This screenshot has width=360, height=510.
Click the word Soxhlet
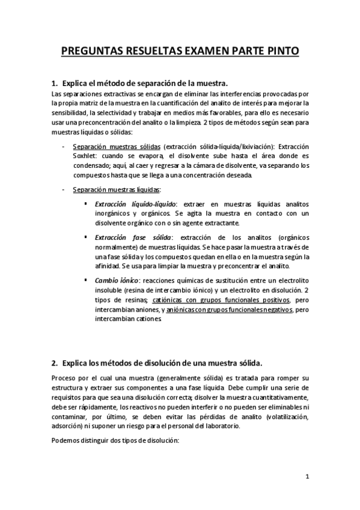[85, 156]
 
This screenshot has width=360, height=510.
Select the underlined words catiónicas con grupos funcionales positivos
[221, 300]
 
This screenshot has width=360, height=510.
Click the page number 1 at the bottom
[307, 478]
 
